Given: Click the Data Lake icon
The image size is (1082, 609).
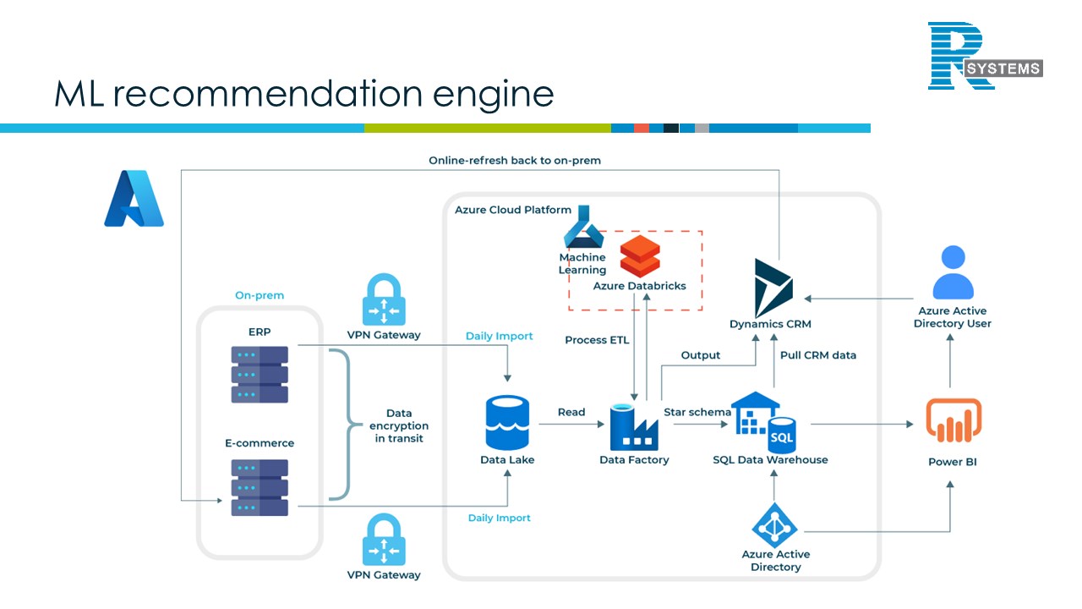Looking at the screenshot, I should pyautogui.click(x=507, y=423).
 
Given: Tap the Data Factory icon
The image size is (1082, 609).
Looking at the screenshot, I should pyautogui.click(x=634, y=426).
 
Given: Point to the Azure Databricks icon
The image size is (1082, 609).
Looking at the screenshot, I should pyautogui.click(x=640, y=255).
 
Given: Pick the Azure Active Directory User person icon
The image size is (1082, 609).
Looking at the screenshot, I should pyautogui.click(x=953, y=272).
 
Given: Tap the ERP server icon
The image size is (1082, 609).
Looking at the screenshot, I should pyautogui.click(x=260, y=374).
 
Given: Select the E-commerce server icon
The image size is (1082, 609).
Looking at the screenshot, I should pyautogui.click(x=260, y=487).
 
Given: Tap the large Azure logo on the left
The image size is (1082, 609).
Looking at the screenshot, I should pyautogui.click(x=134, y=199).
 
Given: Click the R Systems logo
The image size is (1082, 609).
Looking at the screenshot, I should pyautogui.click(x=985, y=57).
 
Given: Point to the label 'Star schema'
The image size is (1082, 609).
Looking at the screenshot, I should pyautogui.click(x=697, y=412).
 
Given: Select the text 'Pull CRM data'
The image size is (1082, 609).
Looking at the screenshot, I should pyautogui.click(x=817, y=355).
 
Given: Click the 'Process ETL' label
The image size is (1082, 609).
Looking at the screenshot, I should pyautogui.click(x=597, y=340).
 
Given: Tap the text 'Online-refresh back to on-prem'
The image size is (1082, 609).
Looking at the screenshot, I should pyautogui.click(x=515, y=161).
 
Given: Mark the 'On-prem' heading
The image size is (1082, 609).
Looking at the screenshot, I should pyautogui.click(x=260, y=295).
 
